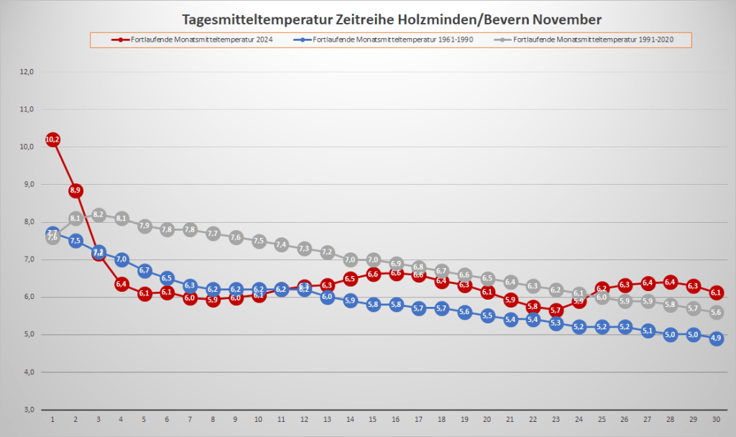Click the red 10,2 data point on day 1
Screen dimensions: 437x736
tap(52, 139)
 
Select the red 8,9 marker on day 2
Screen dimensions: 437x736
tap(75, 190)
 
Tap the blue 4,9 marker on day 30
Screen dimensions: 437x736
tap(716, 339)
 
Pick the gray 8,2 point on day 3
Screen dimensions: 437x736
tap(98, 215)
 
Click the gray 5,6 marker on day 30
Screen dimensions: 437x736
tap(716, 313)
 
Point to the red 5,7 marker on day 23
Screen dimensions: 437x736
tap(556, 310)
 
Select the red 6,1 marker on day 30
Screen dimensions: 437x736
tap(716, 293)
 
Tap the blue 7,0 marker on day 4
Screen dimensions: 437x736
tap(121, 259)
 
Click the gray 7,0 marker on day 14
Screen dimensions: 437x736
tap(350, 259)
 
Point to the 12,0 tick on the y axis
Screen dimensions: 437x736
tap(27, 72)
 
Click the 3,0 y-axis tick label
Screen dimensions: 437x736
tap(27, 410)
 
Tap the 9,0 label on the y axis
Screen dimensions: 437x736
tap(27, 184)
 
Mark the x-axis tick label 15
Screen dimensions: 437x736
tap(373, 418)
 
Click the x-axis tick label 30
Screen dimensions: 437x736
tap(716, 418)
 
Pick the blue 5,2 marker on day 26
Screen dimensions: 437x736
tap(625, 327)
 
